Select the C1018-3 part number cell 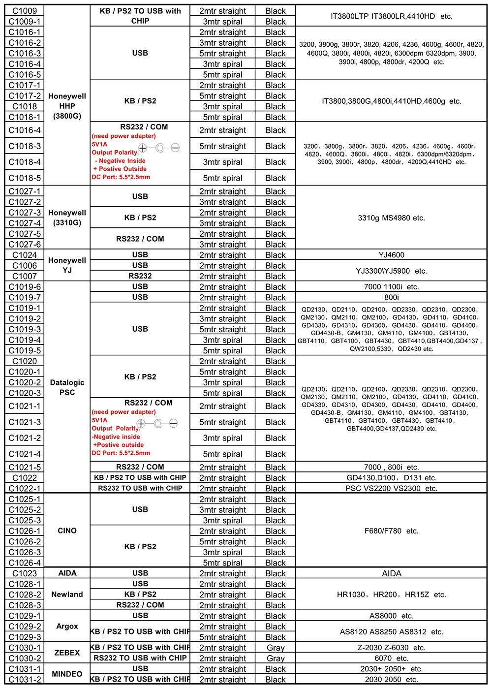pyautogui.click(x=25, y=146)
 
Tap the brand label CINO pyautogui.click(x=67, y=531)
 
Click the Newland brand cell pyautogui.click(x=67, y=595)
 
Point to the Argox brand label pyautogui.click(x=67, y=626)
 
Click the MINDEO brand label pyautogui.click(x=67, y=674)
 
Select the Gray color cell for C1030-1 pyautogui.click(x=276, y=648)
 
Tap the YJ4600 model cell pyautogui.click(x=392, y=255)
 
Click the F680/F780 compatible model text pyautogui.click(x=392, y=531)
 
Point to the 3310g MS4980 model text pyautogui.click(x=392, y=218)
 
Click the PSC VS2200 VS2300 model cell pyautogui.click(x=392, y=488)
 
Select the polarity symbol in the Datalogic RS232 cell pyautogui.click(x=157, y=423)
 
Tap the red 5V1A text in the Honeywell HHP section pyautogui.click(x=99, y=144)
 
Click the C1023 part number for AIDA pyautogui.click(x=25, y=573)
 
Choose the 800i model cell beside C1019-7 pyautogui.click(x=392, y=297)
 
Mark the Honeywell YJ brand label pyautogui.click(x=67, y=265)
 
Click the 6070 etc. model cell pyautogui.click(x=392, y=658)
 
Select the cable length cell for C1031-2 pyautogui.click(x=223, y=680)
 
